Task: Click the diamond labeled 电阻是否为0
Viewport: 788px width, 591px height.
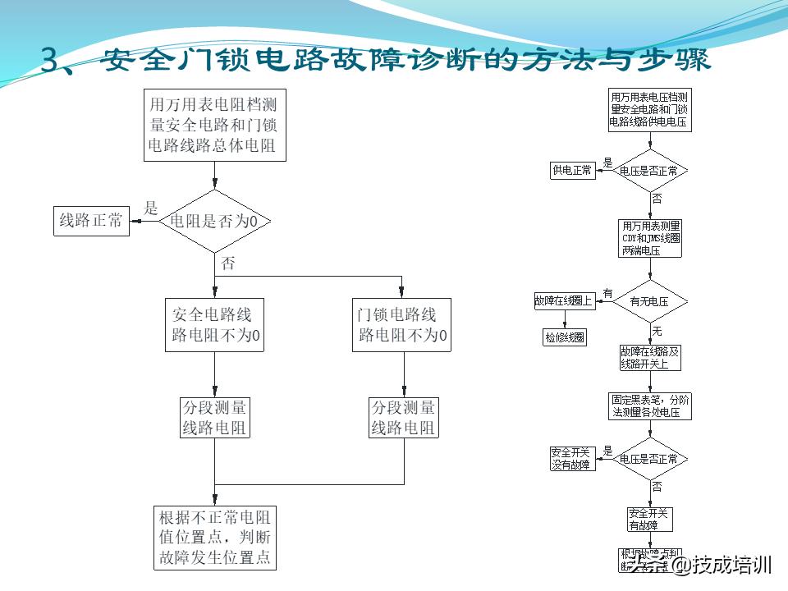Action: click(214, 222)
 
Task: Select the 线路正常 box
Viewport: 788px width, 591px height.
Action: click(90, 222)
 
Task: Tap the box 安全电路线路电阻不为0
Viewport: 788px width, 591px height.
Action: click(215, 325)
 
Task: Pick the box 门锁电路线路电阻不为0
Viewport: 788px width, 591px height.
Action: click(402, 325)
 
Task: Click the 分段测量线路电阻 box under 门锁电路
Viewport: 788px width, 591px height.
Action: click(404, 418)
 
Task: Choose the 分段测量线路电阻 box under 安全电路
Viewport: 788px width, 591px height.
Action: click(214, 418)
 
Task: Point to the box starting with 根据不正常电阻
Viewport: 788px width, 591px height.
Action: click(214, 538)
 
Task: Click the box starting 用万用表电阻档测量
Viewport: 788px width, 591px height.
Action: click(215, 125)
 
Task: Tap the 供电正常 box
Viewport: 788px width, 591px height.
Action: click(572, 171)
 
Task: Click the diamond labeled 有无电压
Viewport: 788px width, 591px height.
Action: click(649, 301)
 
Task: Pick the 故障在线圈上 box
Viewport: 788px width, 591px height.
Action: click(564, 300)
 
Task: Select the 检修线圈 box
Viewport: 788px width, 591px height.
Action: click(564, 337)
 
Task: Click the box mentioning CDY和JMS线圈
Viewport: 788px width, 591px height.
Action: click(650, 238)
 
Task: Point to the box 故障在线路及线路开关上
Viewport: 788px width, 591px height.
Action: click(650, 357)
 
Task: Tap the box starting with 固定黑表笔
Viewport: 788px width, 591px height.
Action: click(650, 406)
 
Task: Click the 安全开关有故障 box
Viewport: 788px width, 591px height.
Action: click(649, 520)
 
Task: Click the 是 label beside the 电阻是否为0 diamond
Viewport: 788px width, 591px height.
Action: click(151, 208)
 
